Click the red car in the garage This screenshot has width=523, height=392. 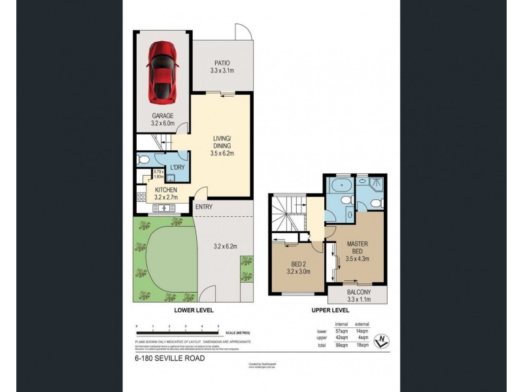pyautogui.click(x=161, y=73)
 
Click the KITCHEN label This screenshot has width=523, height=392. pyautogui.click(x=166, y=190)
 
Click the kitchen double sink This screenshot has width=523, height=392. pyautogui.click(x=162, y=208)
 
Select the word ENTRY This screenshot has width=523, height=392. pyautogui.click(x=203, y=208)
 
